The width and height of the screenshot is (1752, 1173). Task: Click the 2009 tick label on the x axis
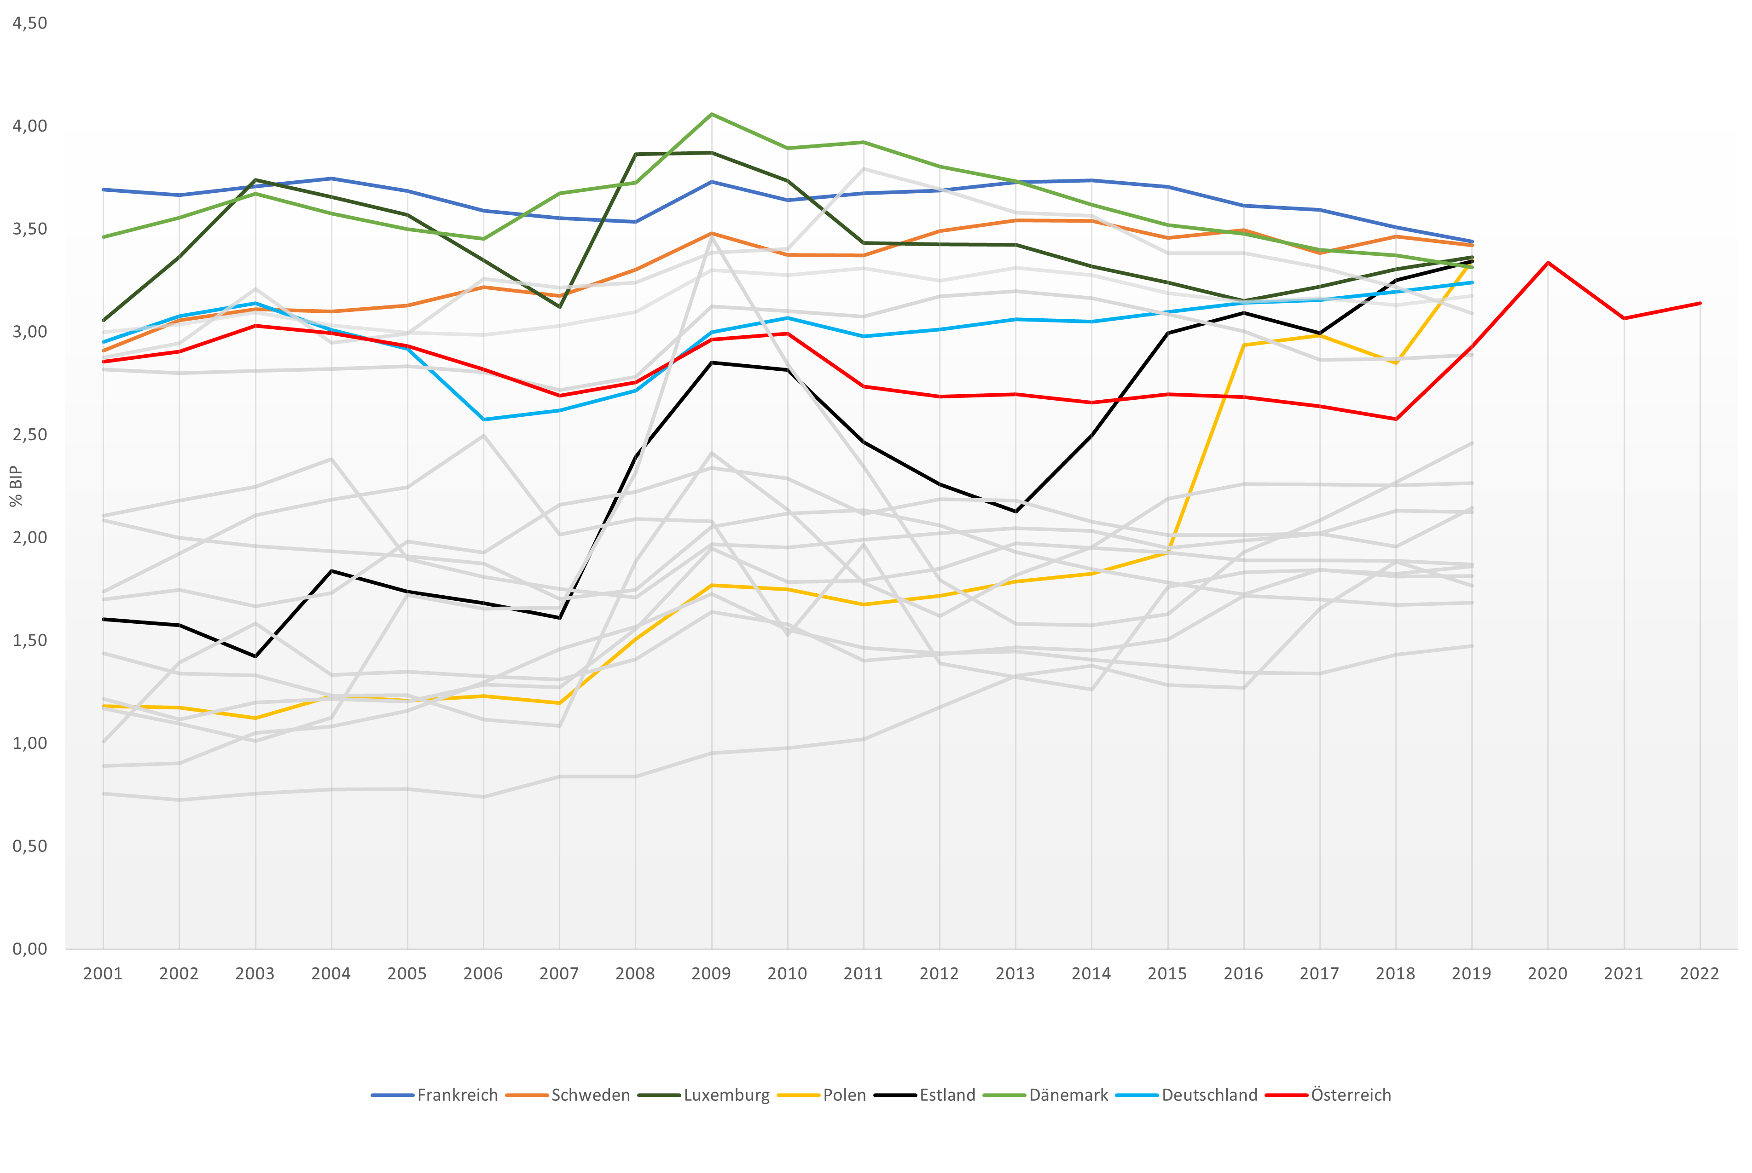pyautogui.click(x=711, y=974)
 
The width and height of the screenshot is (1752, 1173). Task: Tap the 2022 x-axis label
pyautogui.click(x=1699, y=974)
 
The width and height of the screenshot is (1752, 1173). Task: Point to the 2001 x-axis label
pyautogui.click(x=103, y=974)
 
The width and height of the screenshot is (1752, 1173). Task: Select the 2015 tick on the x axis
pyautogui.click(x=1167, y=974)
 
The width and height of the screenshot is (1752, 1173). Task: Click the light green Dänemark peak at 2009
pyautogui.click(x=711, y=115)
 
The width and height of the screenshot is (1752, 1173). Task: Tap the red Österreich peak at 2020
pyautogui.click(x=1547, y=263)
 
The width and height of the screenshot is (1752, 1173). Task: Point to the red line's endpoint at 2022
pyautogui.click(x=1700, y=303)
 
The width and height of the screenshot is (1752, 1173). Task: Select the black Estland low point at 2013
pyautogui.click(x=1015, y=512)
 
